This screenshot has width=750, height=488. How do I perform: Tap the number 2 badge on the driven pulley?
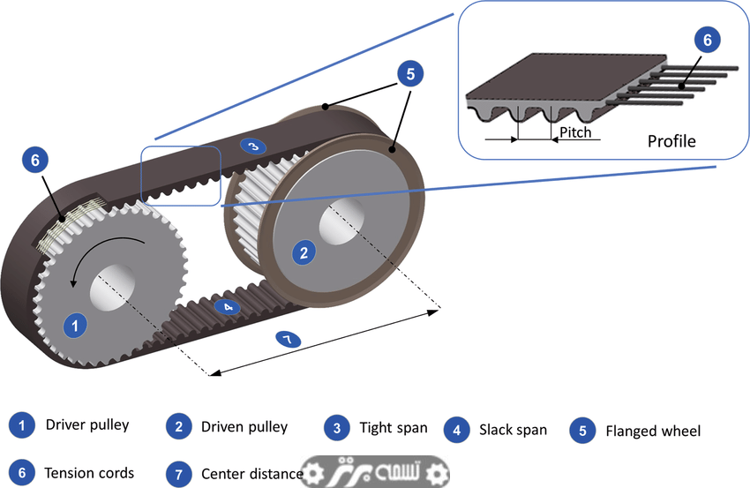pyautogui.click(x=304, y=253)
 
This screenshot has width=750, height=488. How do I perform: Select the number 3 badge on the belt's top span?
pyautogui.click(x=252, y=146)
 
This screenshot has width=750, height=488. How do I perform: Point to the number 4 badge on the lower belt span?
pyautogui.click(x=227, y=307)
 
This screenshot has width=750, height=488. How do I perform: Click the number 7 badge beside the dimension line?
pyautogui.click(x=288, y=339)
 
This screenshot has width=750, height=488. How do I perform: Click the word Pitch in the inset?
pyautogui.click(x=575, y=133)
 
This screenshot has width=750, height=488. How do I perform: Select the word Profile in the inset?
pyautogui.click(x=671, y=141)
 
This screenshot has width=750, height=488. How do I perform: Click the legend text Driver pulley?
pyautogui.click(x=87, y=425)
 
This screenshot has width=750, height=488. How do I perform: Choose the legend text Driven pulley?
pyautogui.click(x=244, y=427)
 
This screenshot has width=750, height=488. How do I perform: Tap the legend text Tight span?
pyautogui.click(x=393, y=428)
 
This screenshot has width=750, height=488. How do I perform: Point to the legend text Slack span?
pyautogui.click(x=513, y=431)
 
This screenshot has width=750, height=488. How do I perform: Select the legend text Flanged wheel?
pyautogui.click(x=653, y=432)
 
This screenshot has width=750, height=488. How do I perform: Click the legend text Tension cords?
pyautogui.click(x=89, y=473)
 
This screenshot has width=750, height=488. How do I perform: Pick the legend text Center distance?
pyautogui.click(x=251, y=475)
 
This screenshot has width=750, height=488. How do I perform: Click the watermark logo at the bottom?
pyautogui.click(x=375, y=473)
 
